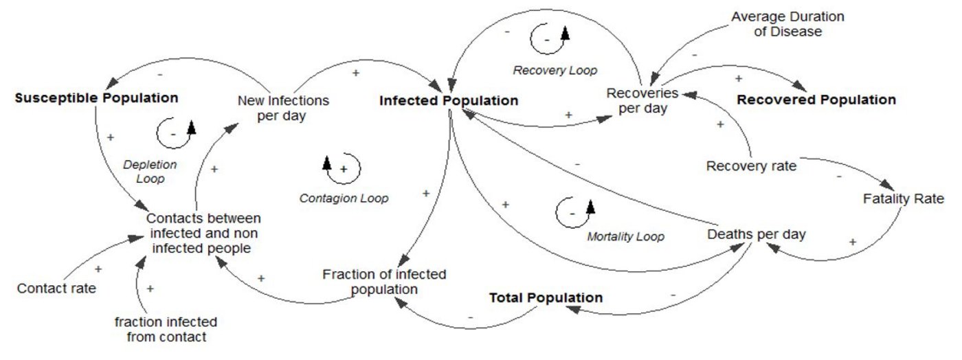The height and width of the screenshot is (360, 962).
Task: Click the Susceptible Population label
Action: click(96, 98)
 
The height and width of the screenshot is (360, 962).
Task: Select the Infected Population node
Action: click(449, 100)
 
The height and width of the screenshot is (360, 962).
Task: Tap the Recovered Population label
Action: click(816, 100)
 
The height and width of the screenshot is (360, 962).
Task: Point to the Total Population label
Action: click(546, 297)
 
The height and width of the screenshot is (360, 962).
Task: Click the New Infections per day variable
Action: click(283, 108)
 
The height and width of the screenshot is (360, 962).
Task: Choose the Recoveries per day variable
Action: click(642, 100)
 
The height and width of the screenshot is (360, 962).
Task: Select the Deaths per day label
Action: click(756, 234)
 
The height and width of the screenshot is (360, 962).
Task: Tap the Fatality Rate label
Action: click(903, 199)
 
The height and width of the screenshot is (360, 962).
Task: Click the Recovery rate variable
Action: click(752, 166)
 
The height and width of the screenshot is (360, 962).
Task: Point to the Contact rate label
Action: click(56, 288)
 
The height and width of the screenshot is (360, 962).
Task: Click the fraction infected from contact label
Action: click(166, 329)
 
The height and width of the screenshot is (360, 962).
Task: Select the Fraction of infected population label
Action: click(384, 282)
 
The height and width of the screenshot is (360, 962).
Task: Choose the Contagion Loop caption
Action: click(344, 199)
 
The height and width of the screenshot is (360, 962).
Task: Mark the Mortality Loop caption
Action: click(625, 237)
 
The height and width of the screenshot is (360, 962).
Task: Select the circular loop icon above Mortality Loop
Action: click(574, 209)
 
